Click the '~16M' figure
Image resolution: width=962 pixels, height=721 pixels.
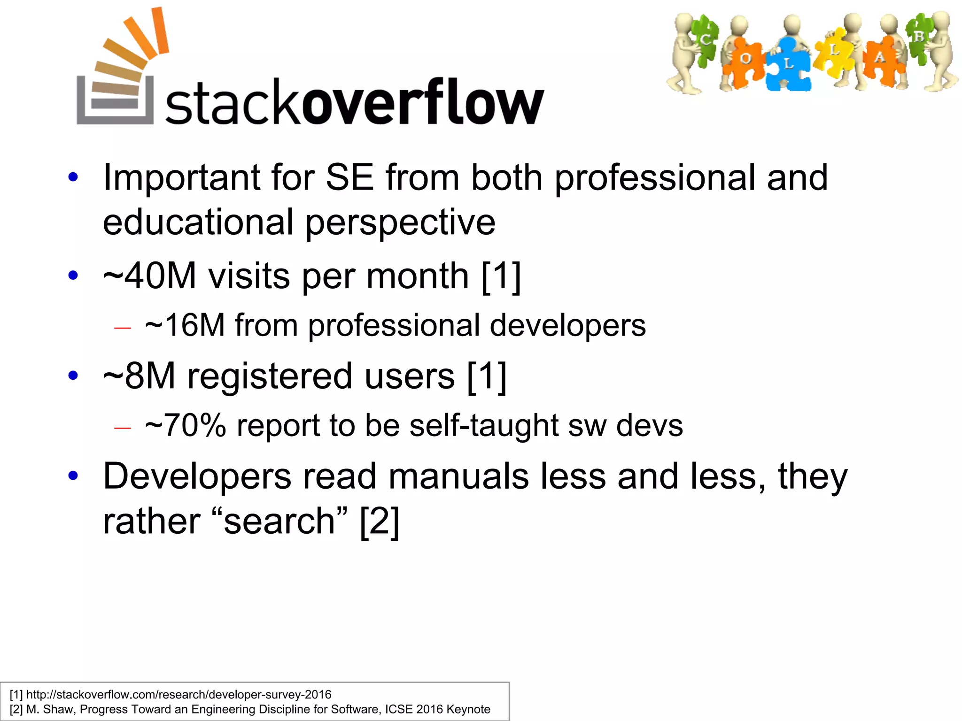[185, 325]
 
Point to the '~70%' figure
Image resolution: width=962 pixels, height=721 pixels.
[186, 426]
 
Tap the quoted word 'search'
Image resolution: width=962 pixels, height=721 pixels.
[279, 521]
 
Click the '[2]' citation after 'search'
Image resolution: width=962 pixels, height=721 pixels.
[380, 521]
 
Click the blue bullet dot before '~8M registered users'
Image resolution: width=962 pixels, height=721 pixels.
[73, 376]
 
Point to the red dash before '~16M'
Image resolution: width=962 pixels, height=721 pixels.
[122, 328]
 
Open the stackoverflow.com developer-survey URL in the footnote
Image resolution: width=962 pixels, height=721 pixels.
[178, 694]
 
